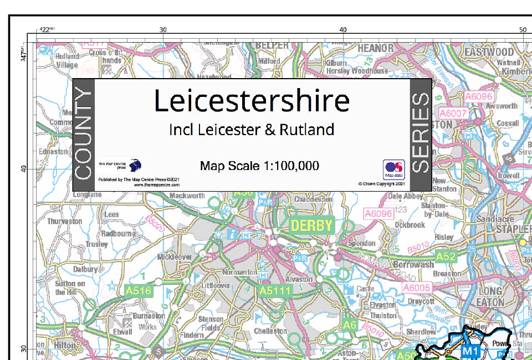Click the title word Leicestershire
tap(252, 101)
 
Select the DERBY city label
tap(311, 226)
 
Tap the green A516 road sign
tap(139, 290)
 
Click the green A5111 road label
tap(275, 290)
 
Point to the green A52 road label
tap(446, 256)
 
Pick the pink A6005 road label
tap(417, 287)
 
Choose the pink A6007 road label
tap(453, 114)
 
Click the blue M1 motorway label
tap(470, 351)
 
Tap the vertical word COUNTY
tap(84, 135)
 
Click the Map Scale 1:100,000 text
tap(259, 166)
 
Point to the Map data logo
tap(393, 169)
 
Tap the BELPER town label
tap(272, 45)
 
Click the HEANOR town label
tap(376, 49)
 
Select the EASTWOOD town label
tap(489, 52)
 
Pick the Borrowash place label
tap(413, 265)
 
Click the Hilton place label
tap(65, 345)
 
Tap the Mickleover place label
tap(175, 257)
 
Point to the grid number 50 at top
tap(523, 29)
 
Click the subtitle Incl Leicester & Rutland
tap(252, 130)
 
